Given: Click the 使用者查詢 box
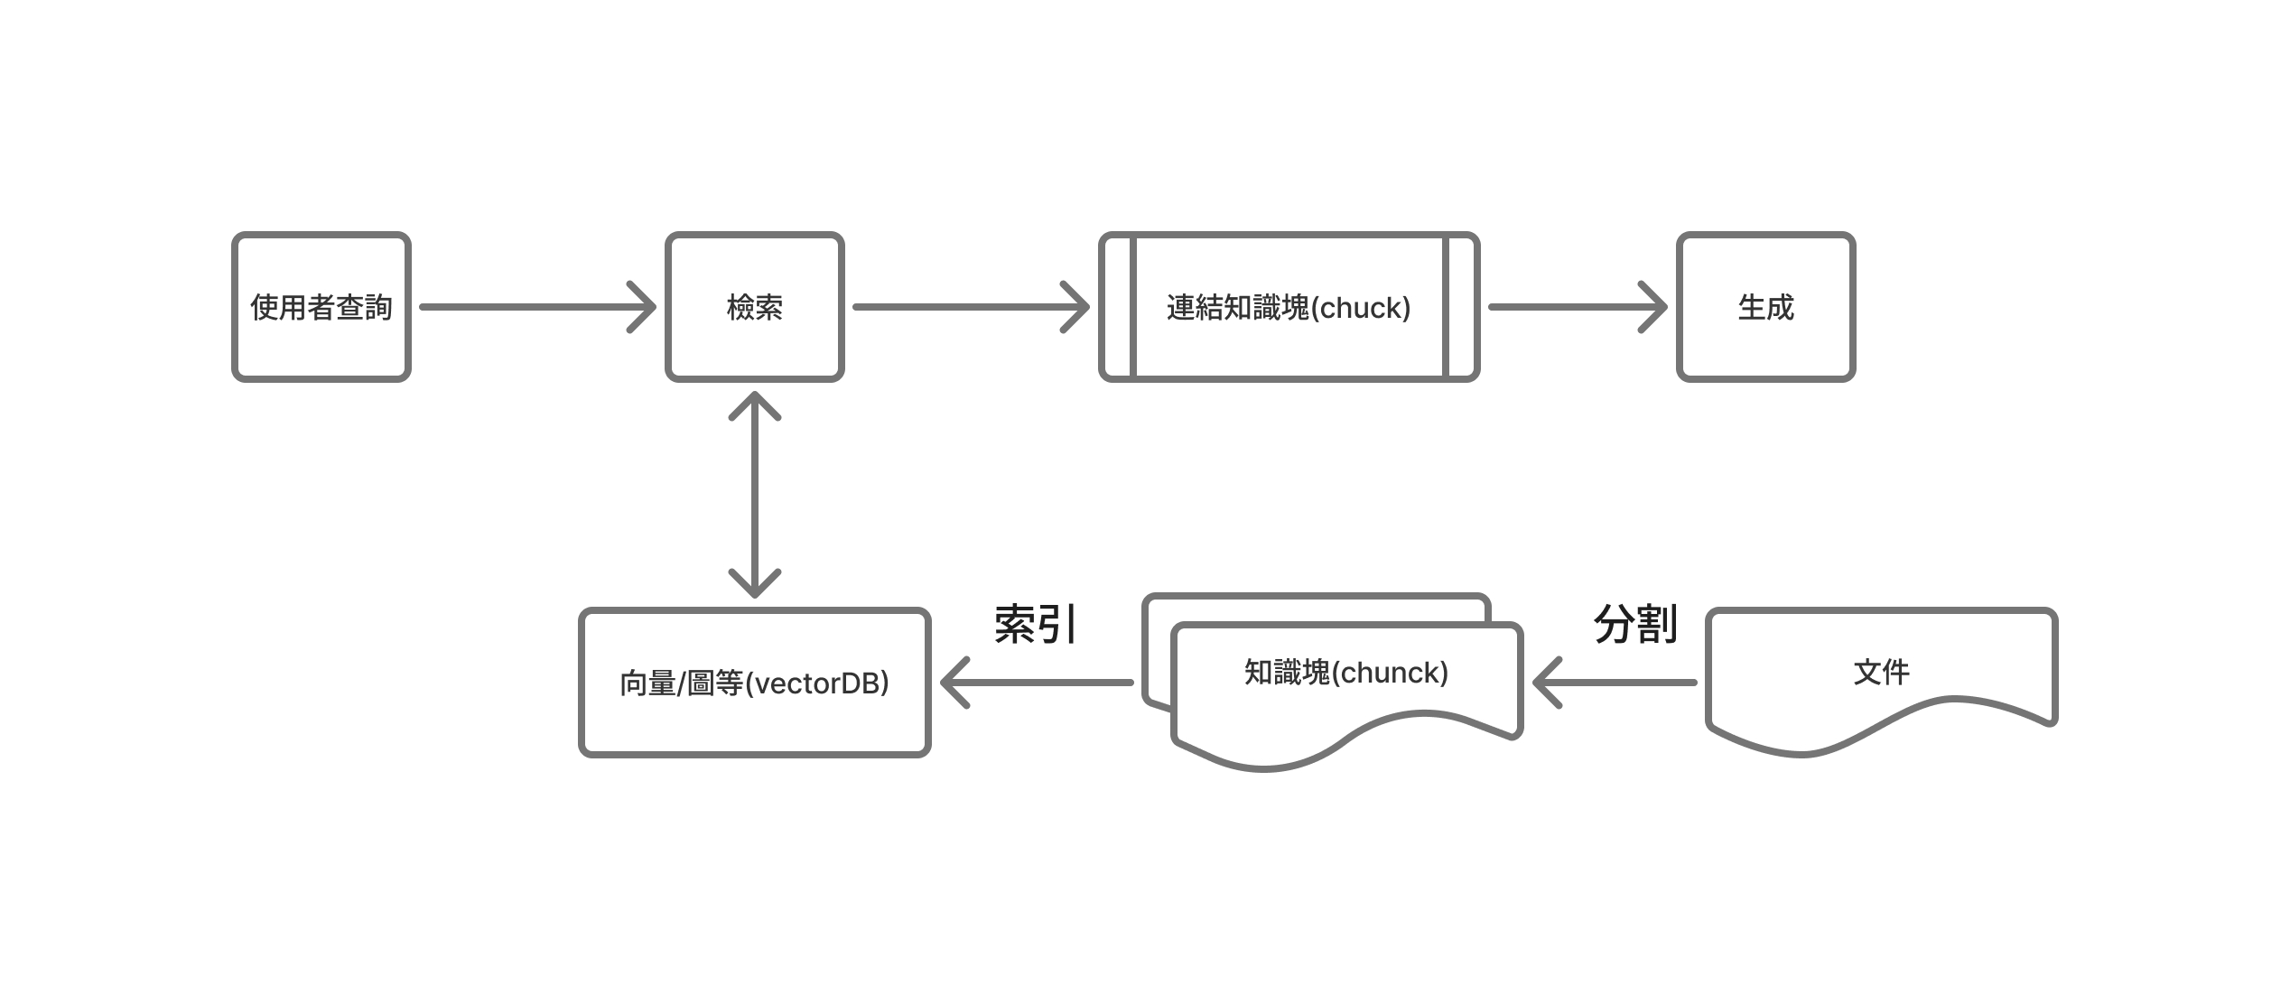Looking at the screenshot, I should coord(321,307).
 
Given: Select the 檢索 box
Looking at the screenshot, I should coord(754,307).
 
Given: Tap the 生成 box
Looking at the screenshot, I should coord(1765,307).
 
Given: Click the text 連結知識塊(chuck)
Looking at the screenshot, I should coord(1288,308).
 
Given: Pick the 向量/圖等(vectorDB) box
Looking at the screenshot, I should coord(754,683).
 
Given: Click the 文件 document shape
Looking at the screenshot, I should coord(1881,673).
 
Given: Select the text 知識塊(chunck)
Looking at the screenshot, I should coord(1345,673).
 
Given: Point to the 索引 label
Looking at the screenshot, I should coord(1035,624).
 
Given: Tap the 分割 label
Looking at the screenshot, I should coord(1635,624).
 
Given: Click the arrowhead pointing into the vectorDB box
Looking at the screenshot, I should coord(953,683).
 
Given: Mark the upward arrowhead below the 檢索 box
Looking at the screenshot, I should coord(754,404).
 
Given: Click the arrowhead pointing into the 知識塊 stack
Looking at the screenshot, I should coord(1545,683).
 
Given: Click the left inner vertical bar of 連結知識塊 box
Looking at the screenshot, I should coord(1132,307).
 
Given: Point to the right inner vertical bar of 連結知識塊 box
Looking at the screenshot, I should coord(1445,307).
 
